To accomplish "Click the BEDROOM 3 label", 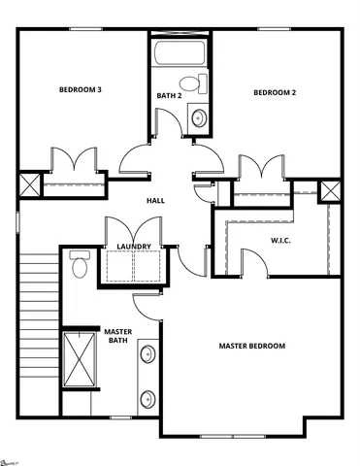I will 81,90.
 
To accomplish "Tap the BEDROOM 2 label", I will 275,93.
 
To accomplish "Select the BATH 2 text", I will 170,95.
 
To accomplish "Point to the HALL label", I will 155,200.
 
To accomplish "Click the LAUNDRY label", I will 133,247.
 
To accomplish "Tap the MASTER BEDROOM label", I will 251,347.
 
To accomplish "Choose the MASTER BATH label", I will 117,336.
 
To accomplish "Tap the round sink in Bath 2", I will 199,118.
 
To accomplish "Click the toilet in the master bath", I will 80,263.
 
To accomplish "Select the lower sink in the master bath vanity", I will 147,398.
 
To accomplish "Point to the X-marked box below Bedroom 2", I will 330,190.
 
